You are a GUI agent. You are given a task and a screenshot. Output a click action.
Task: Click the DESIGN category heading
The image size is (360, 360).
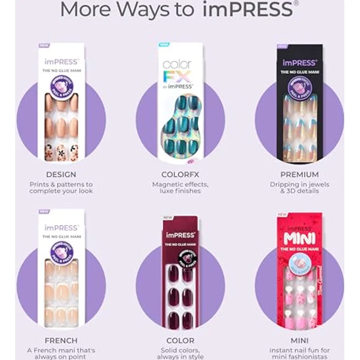tap(61, 175)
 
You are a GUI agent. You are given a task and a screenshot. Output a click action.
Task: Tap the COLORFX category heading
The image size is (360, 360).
tap(180, 175)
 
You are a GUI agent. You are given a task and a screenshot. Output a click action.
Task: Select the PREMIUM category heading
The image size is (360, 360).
tap(299, 175)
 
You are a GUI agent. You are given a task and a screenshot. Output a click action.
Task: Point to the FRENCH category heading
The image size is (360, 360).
tap(61, 340)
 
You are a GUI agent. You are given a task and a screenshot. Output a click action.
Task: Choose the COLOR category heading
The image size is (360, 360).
tap(180, 340)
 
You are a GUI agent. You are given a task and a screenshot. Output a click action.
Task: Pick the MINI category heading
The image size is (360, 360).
tap(299, 340)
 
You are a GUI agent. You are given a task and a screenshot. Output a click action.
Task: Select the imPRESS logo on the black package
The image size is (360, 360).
tap(299, 63)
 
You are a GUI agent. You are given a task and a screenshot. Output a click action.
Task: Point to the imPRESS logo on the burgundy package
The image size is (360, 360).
tap(180, 235)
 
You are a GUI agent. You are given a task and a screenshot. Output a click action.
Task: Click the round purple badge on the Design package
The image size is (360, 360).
tap(62, 85)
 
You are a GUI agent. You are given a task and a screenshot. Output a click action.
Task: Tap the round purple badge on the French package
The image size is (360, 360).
tap(62, 250)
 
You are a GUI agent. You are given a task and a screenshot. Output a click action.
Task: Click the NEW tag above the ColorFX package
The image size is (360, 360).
tap(163, 45)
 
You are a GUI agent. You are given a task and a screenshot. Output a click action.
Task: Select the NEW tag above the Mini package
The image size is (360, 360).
tap(282, 214)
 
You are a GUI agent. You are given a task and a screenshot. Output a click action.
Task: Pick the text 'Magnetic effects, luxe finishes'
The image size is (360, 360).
tap(180, 188)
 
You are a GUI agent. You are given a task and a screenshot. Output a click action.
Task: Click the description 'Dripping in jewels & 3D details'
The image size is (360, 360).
tap(299, 188)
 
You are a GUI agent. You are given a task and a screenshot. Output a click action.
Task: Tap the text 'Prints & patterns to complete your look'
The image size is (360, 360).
tap(61, 188)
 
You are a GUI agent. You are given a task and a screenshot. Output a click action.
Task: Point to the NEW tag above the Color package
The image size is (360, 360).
tap(167, 218)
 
